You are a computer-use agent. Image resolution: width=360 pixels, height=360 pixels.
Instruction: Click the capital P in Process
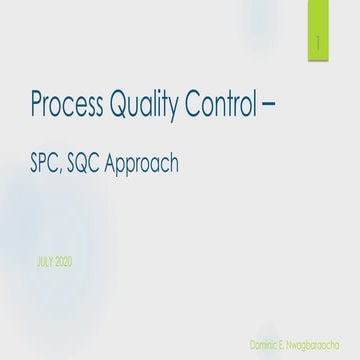[38, 105]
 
